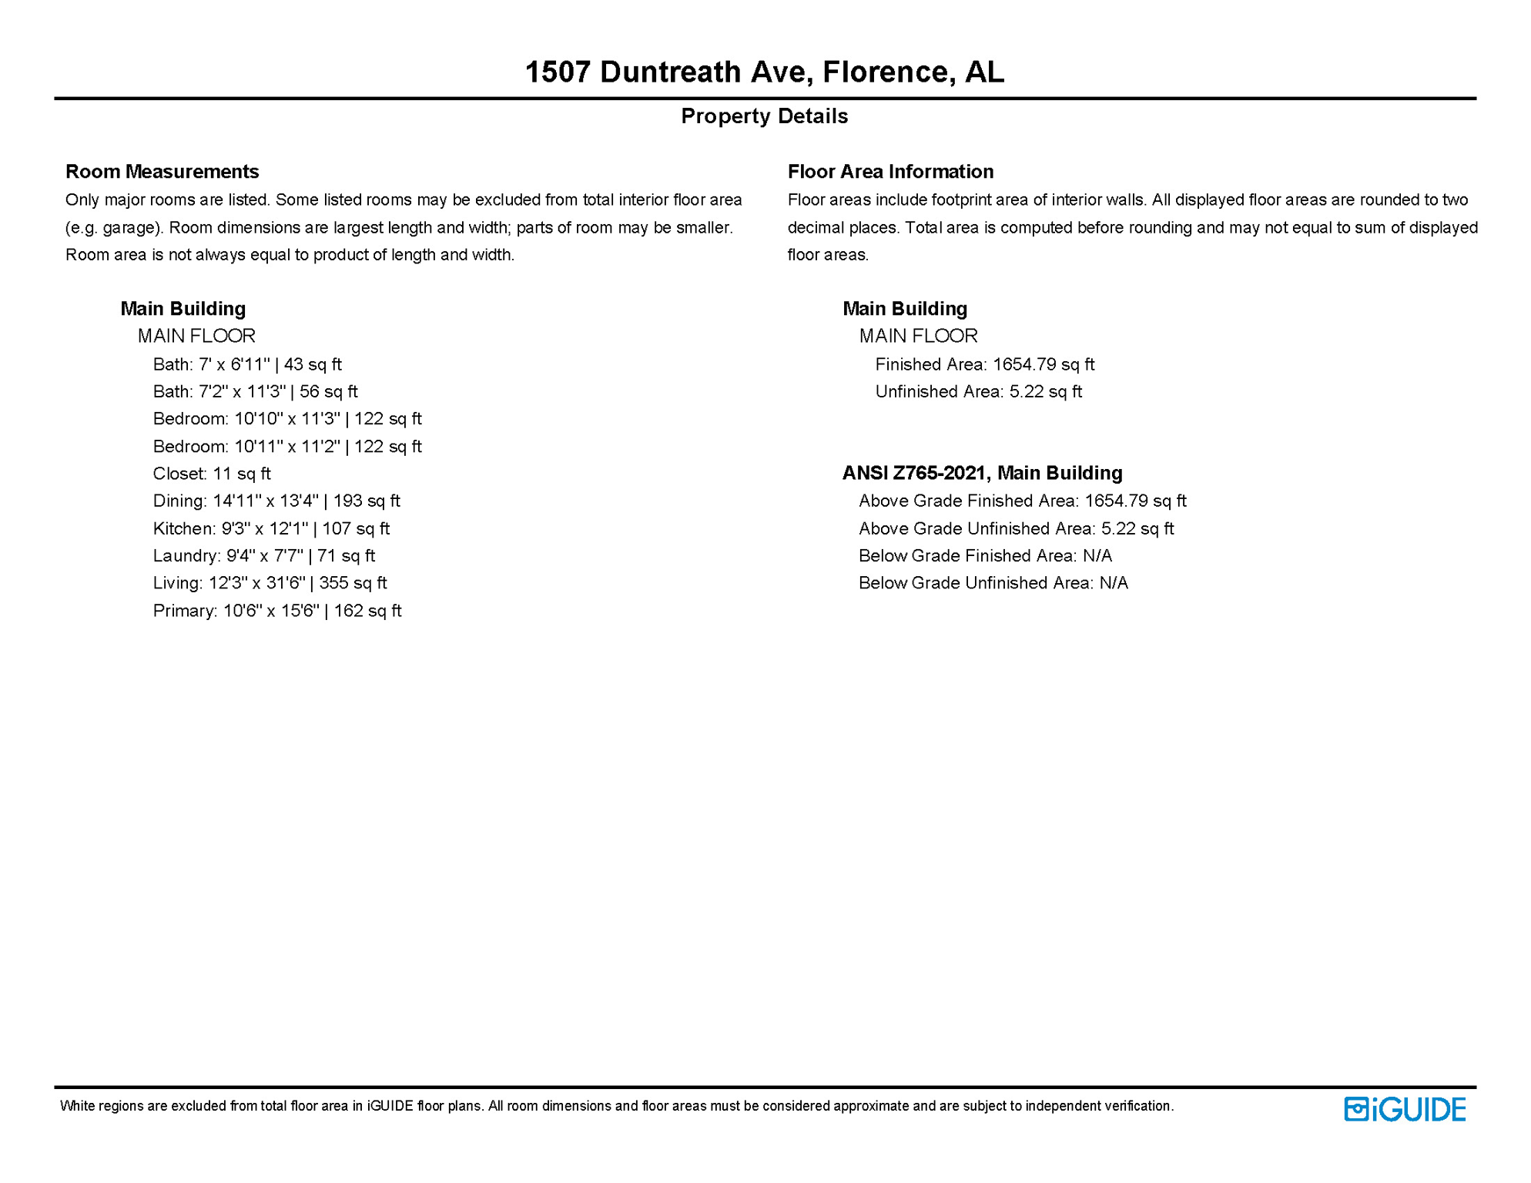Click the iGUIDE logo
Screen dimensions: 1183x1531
[1405, 1109]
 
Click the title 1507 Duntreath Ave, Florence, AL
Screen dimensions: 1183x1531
[764, 72]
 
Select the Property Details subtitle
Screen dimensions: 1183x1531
[764, 116]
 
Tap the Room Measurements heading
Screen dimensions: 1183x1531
[162, 171]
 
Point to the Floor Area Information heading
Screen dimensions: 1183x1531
[890, 171]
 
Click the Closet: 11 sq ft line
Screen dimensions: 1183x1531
[212, 474]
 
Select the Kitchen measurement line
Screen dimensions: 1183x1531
[271, 528]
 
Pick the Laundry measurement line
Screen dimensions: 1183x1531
[263, 555]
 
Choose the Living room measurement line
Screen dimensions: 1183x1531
[270, 583]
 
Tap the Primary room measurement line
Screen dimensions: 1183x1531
[277, 611]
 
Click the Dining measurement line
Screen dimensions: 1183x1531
[276, 501]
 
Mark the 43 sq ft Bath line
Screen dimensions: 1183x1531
[247, 364]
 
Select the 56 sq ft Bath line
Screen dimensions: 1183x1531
[255, 391]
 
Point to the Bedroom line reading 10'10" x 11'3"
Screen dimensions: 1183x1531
[287, 419]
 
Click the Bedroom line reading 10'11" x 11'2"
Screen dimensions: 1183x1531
[287, 447]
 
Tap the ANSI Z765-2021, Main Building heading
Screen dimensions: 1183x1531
[982, 473]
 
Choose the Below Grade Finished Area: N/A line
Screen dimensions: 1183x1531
[985, 555]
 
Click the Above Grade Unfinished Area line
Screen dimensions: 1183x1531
[1016, 528]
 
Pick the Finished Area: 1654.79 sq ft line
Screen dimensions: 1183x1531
[984, 364]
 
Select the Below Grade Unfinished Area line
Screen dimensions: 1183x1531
[993, 583]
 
